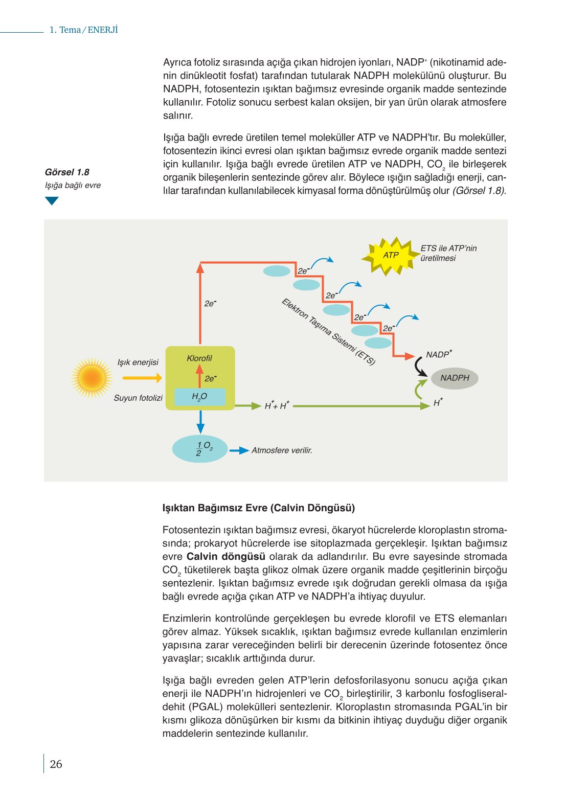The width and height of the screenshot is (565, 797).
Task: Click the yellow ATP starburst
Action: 391,255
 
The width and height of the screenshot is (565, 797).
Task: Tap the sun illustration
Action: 92,378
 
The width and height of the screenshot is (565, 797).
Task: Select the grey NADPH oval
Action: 454,378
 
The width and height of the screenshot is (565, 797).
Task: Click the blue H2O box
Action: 199,397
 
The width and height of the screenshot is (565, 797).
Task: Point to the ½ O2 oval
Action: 200,449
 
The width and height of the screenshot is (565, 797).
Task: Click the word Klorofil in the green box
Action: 199,358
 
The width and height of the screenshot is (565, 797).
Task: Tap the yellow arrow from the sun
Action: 142,378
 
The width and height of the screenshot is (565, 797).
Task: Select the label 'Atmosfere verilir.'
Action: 282,450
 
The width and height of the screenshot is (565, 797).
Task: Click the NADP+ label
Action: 439,354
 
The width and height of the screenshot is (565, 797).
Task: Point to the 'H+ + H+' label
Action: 277,406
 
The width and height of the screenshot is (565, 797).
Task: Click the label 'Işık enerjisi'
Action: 138,362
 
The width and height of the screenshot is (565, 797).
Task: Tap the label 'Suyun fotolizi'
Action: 138,398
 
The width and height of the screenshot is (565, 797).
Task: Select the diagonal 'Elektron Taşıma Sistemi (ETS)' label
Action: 328,331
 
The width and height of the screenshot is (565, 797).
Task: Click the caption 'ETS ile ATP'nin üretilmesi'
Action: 448,253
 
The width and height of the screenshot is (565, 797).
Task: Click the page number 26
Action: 56,764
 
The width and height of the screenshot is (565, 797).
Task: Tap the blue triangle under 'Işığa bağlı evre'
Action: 52,201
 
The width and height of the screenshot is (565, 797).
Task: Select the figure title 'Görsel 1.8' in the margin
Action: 67,172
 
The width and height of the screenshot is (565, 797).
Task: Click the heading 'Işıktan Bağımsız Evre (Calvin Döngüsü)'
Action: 258,508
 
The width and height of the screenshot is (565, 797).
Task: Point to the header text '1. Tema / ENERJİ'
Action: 83,30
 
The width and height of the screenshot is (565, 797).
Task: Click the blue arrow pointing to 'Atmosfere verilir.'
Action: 239,450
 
